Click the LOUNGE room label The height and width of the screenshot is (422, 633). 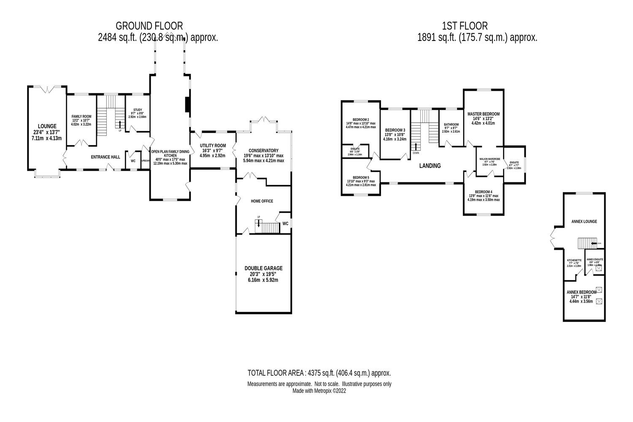(x=47, y=126)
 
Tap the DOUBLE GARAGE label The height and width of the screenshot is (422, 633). (x=263, y=268)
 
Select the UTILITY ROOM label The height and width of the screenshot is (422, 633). (x=213, y=146)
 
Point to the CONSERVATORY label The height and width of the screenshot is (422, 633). (x=263, y=151)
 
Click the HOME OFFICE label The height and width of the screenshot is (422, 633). (x=262, y=201)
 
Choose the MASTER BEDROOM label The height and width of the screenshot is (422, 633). (x=483, y=114)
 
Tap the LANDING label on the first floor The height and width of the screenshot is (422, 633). (x=430, y=166)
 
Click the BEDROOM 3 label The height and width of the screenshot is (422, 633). (x=395, y=130)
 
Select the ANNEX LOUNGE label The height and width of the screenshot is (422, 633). (x=584, y=221)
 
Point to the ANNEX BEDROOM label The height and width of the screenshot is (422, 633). (x=581, y=292)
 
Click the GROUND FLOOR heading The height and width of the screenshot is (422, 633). (x=149, y=26)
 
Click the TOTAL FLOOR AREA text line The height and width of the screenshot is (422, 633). (x=319, y=373)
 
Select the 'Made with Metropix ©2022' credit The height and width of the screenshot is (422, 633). (x=319, y=391)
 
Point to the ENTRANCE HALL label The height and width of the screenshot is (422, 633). (x=105, y=157)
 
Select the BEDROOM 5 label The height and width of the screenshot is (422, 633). (x=361, y=177)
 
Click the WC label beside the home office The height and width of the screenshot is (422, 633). (x=285, y=224)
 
